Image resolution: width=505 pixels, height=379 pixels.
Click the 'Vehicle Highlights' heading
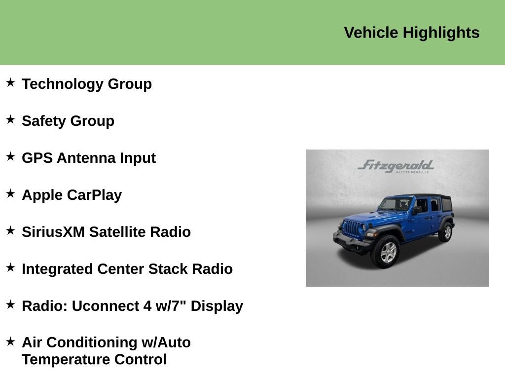[x=411, y=33]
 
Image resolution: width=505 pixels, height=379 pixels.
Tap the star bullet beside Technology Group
[x=10, y=82]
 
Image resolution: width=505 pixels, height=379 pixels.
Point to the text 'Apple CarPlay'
[x=72, y=195]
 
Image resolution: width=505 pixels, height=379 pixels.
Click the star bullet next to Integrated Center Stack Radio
[x=10, y=267]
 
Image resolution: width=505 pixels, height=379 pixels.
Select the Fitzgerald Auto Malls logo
[x=396, y=166]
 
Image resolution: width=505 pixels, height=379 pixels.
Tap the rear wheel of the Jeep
[x=446, y=231]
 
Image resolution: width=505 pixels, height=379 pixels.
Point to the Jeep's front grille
[x=351, y=228]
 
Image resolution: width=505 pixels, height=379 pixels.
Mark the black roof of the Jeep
[x=424, y=196]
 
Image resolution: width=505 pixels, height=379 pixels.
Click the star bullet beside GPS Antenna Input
[x=10, y=156]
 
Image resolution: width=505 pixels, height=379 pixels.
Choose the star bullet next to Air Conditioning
[x=10, y=341]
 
